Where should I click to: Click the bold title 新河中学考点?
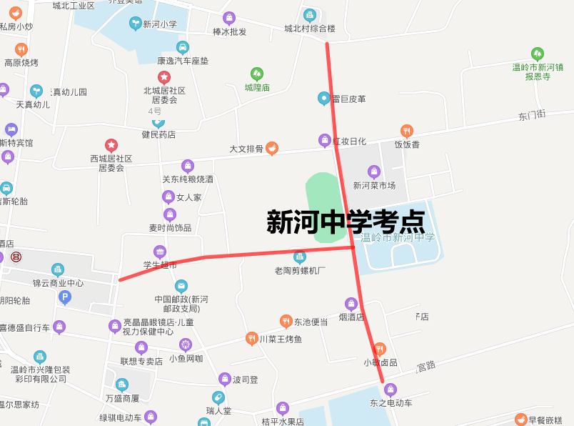coord(346,222)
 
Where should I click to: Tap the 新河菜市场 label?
coord(374,185)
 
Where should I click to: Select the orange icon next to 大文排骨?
coord(272,149)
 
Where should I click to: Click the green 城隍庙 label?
coord(257,88)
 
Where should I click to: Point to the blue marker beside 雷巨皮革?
coord(324,99)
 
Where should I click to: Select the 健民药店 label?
coord(158,134)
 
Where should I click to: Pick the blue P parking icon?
coord(65,297)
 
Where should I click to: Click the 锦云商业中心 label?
coord(58,283)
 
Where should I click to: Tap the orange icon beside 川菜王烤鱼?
coord(251,338)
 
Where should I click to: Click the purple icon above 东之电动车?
coord(390,390)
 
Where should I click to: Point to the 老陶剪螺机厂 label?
coord(300,270)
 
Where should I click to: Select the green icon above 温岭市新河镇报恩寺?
coord(538,54)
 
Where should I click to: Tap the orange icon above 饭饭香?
coord(407,131)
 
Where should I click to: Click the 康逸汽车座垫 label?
coord(183,61)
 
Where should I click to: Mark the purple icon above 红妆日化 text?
coord(324,141)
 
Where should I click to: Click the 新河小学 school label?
coord(159,24)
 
